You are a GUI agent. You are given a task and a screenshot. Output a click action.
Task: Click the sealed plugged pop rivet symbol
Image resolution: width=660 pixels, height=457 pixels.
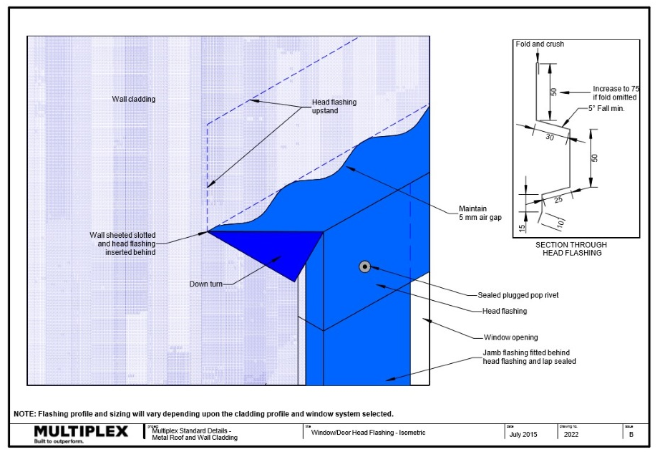point(364,267)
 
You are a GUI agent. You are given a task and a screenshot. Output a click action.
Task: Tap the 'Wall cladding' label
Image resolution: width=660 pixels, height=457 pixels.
point(133,99)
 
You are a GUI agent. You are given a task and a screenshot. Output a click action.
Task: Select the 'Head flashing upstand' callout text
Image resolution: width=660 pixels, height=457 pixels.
point(334,107)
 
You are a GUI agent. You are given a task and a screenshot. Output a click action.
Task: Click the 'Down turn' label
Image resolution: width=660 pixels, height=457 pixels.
point(206,284)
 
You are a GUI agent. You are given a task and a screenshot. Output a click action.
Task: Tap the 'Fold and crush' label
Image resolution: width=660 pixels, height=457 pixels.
point(540,44)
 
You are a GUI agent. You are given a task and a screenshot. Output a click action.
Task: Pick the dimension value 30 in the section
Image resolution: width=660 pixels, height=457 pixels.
point(550,136)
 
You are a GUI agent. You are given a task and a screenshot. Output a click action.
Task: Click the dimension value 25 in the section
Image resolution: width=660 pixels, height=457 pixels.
point(558,201)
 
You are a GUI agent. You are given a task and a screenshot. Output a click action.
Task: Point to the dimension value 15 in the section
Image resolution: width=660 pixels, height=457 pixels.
point(522,228)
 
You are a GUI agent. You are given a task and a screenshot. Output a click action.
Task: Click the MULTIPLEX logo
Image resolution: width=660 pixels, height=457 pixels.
point(81,431)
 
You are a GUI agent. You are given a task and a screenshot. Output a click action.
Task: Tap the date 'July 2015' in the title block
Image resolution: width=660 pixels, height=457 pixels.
point(524,434)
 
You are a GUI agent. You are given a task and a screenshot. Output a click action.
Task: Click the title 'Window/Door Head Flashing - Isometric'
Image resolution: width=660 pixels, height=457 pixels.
point(368,433)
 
